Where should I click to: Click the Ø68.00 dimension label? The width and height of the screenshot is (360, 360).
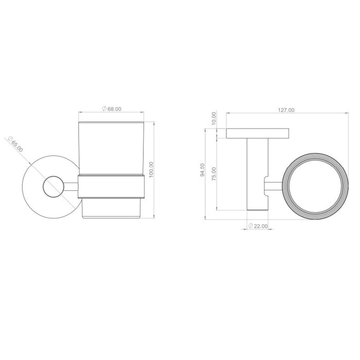pos(112,109)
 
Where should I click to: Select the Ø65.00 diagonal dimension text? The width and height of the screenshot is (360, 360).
pos(15,144)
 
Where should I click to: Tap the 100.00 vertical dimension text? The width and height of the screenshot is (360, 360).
pos(151,170)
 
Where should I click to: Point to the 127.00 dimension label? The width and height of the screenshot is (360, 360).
pos(286,110)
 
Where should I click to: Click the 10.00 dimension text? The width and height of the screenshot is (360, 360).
pos(214,118)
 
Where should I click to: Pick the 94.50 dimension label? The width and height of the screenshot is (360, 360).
pos(202,170)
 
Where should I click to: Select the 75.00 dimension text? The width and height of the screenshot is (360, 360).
pos(214,174)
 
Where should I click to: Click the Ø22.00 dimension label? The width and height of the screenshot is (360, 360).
pos(258,226)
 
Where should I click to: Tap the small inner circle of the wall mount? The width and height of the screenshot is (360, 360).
pos(53,187)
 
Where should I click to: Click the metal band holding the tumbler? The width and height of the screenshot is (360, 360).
pos(111,187)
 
